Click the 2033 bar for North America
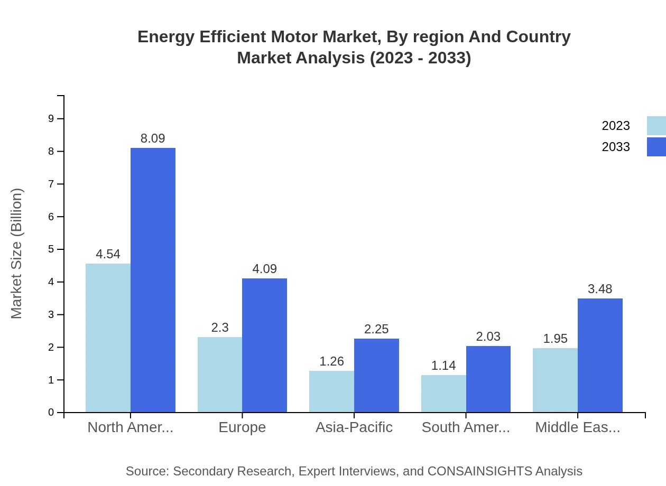[x=153, y=280]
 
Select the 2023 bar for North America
[x=108, y=338]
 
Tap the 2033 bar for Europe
[x=264, y=345]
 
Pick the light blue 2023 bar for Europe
[x=220, y=375]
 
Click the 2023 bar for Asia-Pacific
[x=331, y=391]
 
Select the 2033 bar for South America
[x=488, y=379]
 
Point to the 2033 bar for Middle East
[x=600, y=355]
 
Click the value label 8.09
[x=153, y=138]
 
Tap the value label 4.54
[x=108, y=254]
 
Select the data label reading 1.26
[x=331, y=361]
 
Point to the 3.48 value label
[x=600, y=289]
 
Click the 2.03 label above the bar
[x=488, y=337]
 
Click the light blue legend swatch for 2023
[x=656, y=126]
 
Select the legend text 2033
[x=616, y=147]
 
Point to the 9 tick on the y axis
[x=51, y=118]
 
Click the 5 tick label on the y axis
[x=51, y=249]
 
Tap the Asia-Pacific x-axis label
[x=354, y=427]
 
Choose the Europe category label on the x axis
[x=242, y=427]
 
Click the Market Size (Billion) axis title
[x=17, y=254]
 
